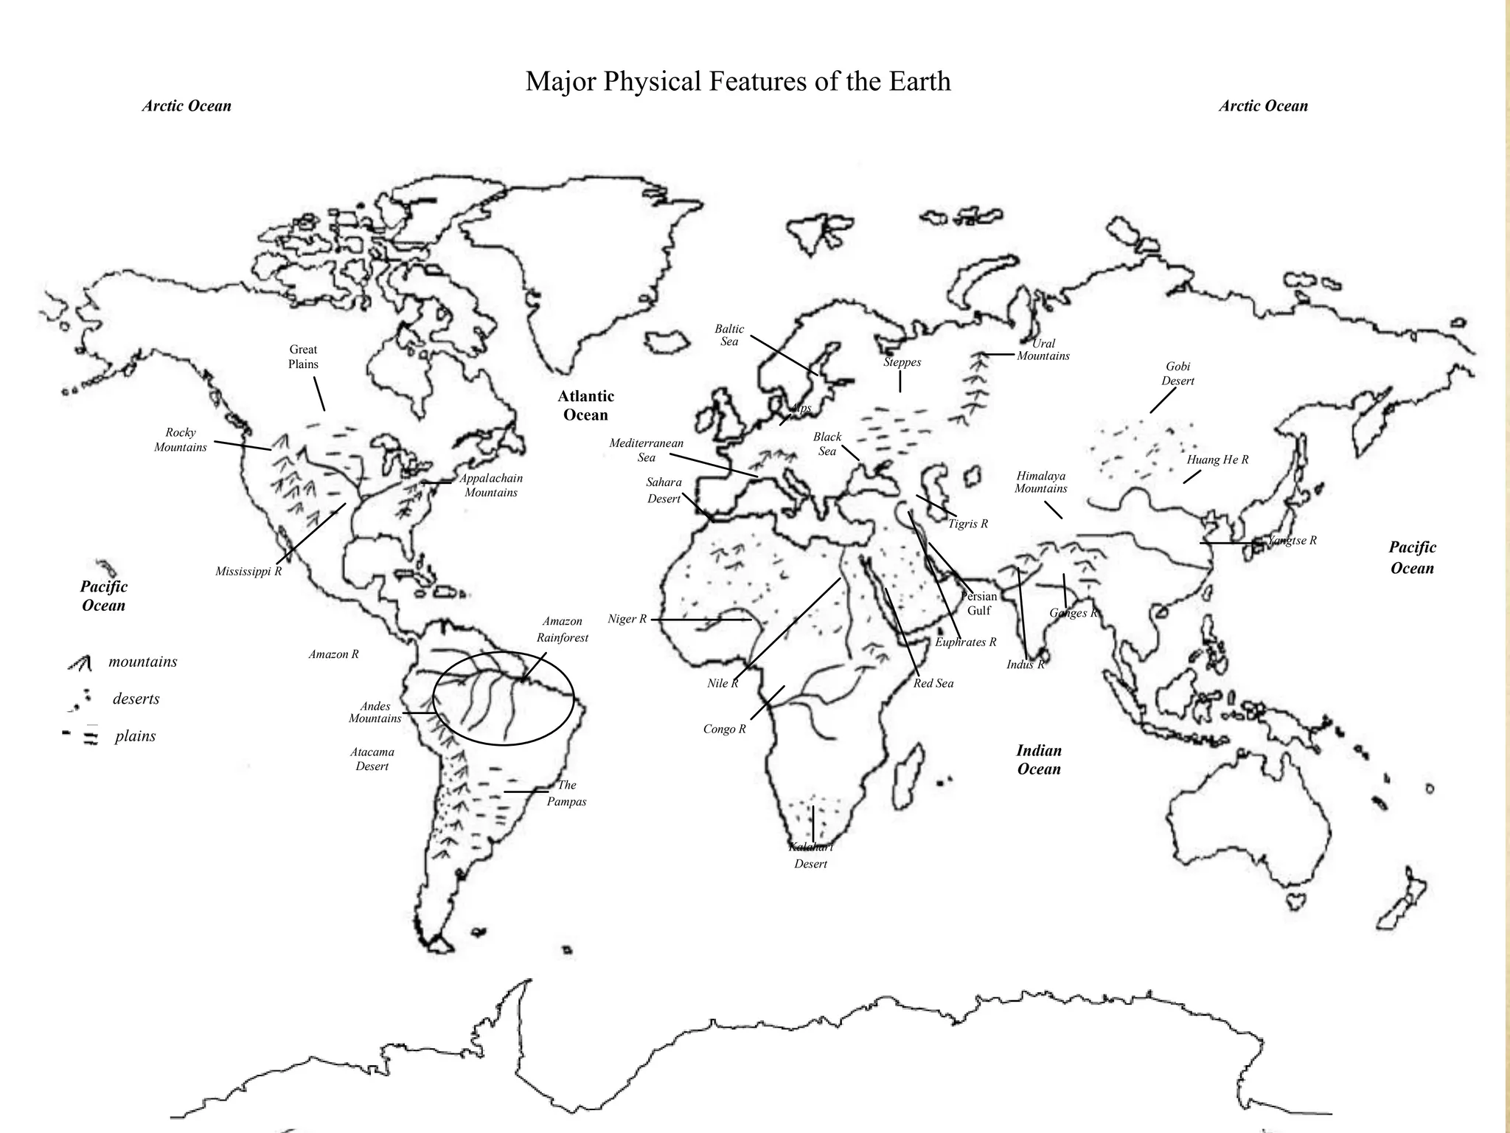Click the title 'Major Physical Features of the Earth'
737,81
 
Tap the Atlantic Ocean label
585,406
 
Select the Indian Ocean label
1038,760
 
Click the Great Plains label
303,357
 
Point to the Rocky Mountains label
181,440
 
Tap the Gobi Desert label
1177,373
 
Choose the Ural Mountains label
1043,350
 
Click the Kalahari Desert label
810,856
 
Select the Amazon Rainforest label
563,629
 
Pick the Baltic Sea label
729,335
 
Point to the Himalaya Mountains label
1040,482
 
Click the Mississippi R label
248,572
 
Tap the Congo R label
724,729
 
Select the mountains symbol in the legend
80,663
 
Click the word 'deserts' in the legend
136,699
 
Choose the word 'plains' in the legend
135,736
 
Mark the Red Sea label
933,683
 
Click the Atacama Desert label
372,759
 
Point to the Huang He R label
1217,460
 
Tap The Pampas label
566,793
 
